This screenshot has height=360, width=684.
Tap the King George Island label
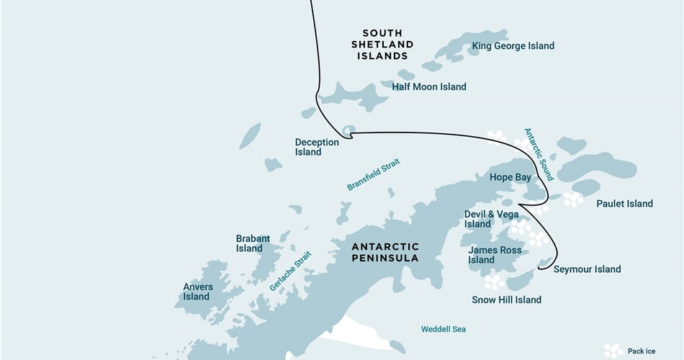pyautogui.click(x=513, y=46)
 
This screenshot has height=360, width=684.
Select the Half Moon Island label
pyautogui.click(x=428, y=87)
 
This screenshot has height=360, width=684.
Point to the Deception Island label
pyautogui.click(x=317, y=147)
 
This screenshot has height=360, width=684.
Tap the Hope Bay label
pyautogui.click(x=510, y=177)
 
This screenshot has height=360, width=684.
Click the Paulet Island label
pyautogui.click(x=624, y=204)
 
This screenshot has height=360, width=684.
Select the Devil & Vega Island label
pyautogui.click(x=491, y=219)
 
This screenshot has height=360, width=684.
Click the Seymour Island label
pyautogui.click(x=587, y=269)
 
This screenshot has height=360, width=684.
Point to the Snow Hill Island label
pyautogui.click(x=506, y=300)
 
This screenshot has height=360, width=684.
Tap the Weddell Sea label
pyautogui.click(x=444, y=329)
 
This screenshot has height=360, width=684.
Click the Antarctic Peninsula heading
pyautogui.click(x=384, y=252)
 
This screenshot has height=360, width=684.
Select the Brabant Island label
pyautogui.click(x=253, y=243)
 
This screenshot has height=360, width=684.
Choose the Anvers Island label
pyautogui.click(x=197, y=292)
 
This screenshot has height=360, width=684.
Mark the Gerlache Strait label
pyautogui.click(x=290, y=271)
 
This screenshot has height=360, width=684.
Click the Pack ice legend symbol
pyautogui.click(x=613, y=350)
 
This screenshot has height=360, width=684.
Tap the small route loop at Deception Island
pyautogui.click(x=348, y=131)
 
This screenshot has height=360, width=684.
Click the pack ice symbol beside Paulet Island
pyautogui.click(x=573, y=199)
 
